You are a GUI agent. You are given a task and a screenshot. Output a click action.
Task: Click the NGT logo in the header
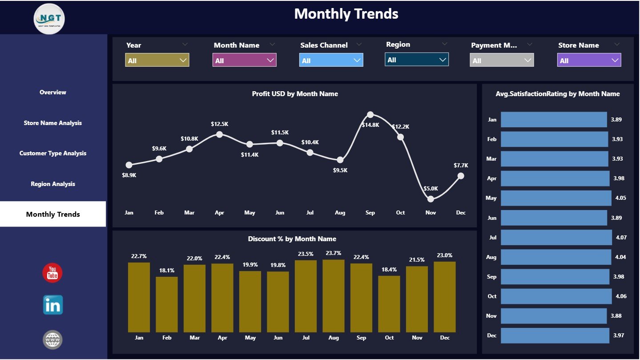pos(49,18)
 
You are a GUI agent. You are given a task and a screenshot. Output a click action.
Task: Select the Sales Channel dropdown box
pos(331,60)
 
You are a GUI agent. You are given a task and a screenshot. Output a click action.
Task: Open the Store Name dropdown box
pos(588,60)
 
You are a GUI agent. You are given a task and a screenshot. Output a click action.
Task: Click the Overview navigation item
pos(53,93)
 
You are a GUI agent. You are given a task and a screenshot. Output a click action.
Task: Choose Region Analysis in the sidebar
pos(53,184)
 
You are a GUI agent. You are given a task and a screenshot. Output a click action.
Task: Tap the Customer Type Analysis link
pos(53,153)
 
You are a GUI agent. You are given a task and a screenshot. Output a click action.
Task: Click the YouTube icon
pos(52,273)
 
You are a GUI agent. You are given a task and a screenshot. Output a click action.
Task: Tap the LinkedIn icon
pos(52,305)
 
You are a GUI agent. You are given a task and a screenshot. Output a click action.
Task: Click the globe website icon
pos(52,340)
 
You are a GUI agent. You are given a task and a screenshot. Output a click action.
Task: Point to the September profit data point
pos(370,115)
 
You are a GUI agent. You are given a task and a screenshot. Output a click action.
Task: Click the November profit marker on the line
pos(431,199)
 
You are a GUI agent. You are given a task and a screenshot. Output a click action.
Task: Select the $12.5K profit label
pos(219,124)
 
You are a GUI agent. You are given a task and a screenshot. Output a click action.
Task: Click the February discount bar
pos(167,304)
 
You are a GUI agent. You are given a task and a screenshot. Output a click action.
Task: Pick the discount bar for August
pos(334,296)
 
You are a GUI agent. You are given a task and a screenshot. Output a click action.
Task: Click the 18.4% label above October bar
pos(389,270)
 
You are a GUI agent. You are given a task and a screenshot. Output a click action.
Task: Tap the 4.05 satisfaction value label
pos(620,198)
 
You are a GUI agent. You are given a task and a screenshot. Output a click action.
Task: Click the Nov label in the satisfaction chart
pos(491,316)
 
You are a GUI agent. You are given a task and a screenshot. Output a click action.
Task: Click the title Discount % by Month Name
pos(292,239)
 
